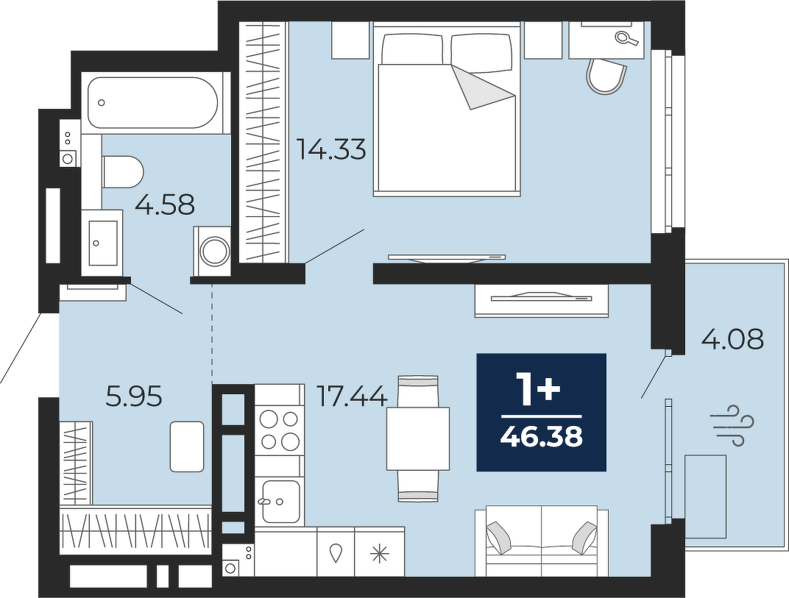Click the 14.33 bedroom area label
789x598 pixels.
point(331,149)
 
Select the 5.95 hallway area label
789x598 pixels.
point(135,396)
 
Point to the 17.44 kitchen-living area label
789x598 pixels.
point(352,396)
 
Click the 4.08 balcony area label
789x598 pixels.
point(732,339)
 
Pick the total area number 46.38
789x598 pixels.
point(542,437)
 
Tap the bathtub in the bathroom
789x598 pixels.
point(152,102)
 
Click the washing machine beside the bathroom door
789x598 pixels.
point(212,251)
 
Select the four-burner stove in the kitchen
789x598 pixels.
point(280,430)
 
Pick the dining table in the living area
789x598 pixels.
point(417,438)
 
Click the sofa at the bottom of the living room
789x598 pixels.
point(542,541)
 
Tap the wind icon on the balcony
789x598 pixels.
point(732,425)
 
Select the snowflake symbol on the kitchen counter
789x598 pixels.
point(379,553)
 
